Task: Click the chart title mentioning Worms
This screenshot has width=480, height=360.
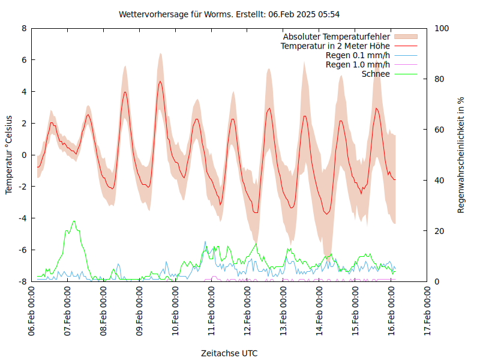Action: [230, 14]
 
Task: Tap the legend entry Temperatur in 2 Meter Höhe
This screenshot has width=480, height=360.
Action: [335, 46]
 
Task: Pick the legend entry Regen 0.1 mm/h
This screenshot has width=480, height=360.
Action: [358, 55]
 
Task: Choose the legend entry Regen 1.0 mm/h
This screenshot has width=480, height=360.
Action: [358, 65]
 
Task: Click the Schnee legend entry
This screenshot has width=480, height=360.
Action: [376, 74]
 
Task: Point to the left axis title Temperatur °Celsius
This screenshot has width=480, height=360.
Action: [9, 154]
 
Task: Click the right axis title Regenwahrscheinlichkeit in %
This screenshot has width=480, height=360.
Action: [461, 155]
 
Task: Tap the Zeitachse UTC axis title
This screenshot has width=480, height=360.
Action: [229, 353]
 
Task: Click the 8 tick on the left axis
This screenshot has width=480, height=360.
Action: [24, 28]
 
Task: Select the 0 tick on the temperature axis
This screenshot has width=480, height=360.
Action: [24, 155]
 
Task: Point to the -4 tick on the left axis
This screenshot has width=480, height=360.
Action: [23, 218]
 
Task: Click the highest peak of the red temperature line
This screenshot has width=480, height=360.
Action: [160, 81]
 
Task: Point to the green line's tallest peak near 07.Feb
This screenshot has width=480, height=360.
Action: [74, 221]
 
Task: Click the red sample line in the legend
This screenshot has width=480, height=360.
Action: [406, 46]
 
